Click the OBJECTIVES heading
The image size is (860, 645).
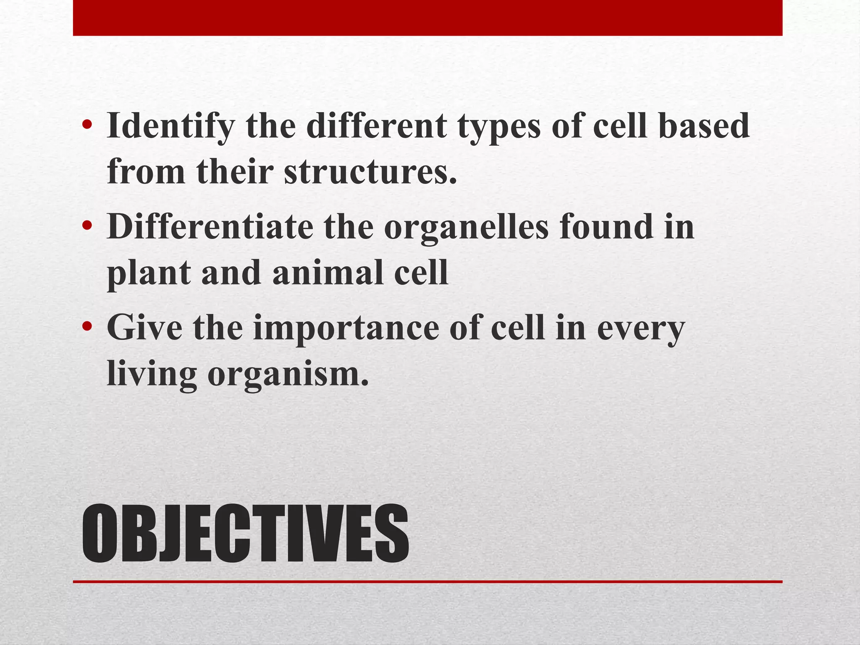(x=245, y=534)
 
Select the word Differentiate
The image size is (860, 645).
(x=210, y=227)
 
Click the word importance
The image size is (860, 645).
(x=346, y=328)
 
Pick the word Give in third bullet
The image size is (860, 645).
(x=144, y=328)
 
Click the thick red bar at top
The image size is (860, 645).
(x=427, y=18)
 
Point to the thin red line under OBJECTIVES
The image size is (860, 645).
(x=427, y=582)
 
